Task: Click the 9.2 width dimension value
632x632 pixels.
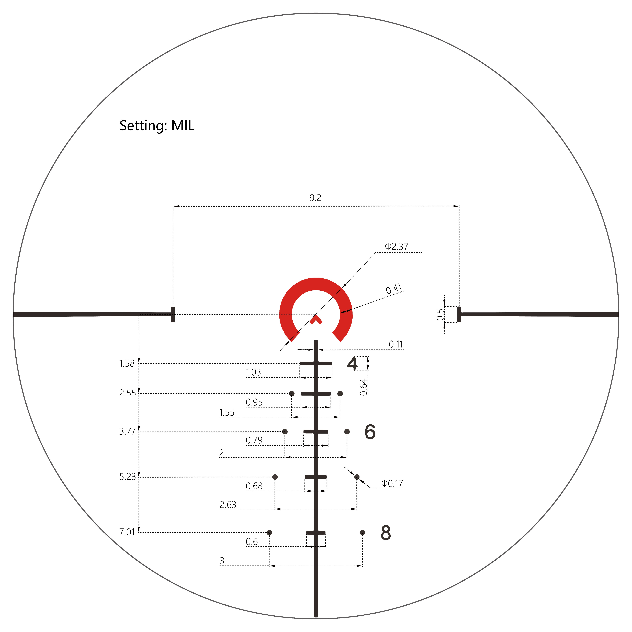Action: click(x=315, y=198)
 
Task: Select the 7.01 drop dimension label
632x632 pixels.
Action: click(x=127, y=532)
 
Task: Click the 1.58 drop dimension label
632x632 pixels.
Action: click(x=127, y=363)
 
